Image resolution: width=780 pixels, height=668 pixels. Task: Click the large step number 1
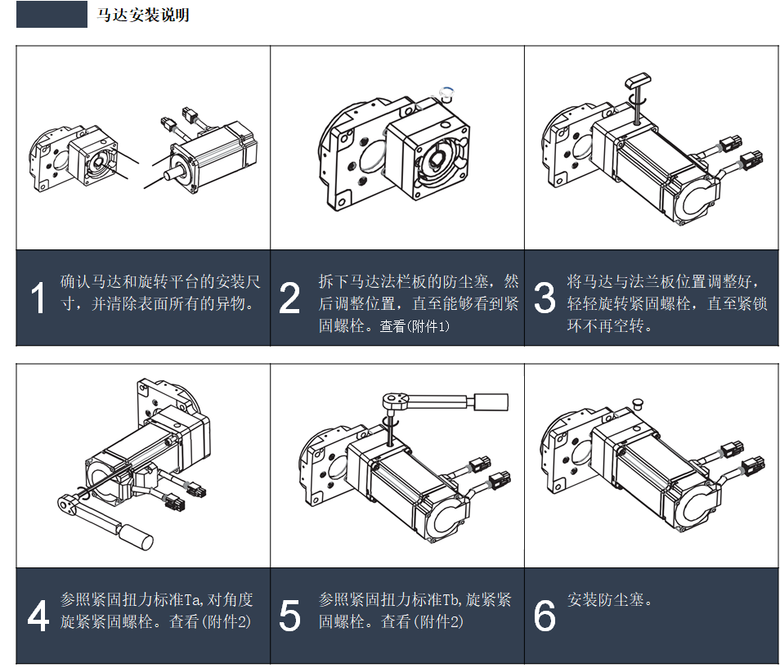[38, 299]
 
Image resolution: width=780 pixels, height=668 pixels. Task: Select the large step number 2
[289, 299]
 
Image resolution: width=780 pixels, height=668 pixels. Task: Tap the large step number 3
[545, 299]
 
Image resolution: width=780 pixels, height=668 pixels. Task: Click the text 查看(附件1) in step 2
[415, 326]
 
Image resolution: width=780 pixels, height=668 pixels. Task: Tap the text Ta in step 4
[189, 600]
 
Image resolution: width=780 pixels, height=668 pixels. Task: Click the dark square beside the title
[52, 15]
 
